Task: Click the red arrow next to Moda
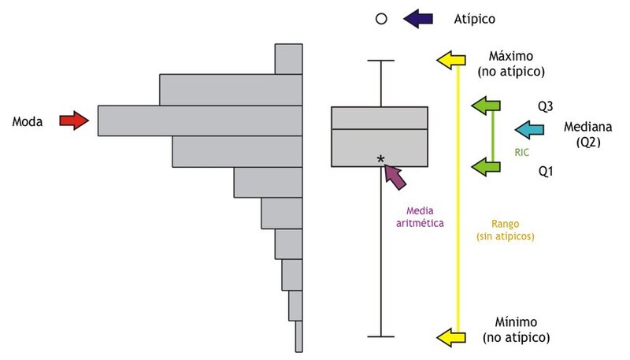click(74, 121)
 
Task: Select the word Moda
click(28, 121)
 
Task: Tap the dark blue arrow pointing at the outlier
click(417, 17)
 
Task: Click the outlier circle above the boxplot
click(381, 17)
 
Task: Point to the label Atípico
click(475, 17)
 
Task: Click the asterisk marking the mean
click(381, 160)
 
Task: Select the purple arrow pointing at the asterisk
click(396, 176)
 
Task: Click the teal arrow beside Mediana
click(530, 129)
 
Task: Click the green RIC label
click(521, 154)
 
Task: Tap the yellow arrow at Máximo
click(451, 59)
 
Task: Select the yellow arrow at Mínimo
click(451, 337)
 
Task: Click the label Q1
click(546, 169)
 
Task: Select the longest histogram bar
click(200, 121)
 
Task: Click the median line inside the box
click(380, 128)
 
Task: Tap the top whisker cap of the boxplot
click(381, 60)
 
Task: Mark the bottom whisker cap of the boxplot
click(381, 337)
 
